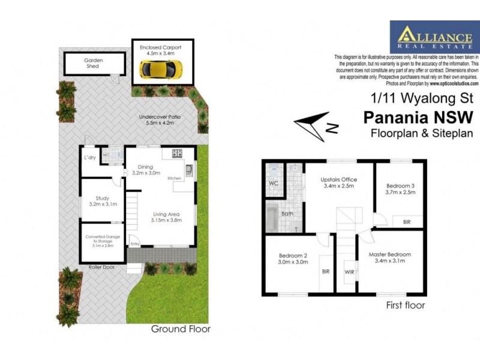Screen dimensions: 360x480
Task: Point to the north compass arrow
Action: tap(314, 125)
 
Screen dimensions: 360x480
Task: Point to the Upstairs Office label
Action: tap(338, 183)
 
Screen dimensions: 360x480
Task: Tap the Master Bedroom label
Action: tap(390, 257)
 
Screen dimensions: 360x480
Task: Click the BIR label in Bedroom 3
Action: tap(406, 222)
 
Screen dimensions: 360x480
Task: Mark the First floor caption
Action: tap(406, 305)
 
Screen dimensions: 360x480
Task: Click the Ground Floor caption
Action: tap(181, 329)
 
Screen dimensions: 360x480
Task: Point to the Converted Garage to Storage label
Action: tap(103, 241)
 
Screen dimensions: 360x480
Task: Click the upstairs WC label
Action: tap(273, 182)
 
